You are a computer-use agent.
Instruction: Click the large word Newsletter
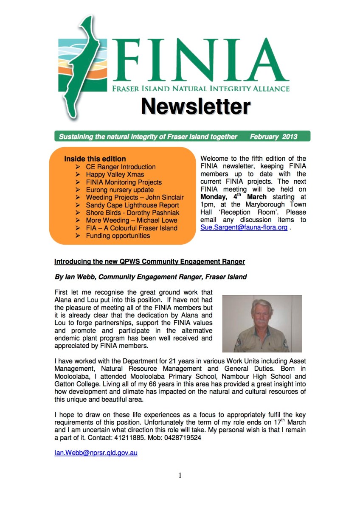pyautogui.click(x=195, y=106)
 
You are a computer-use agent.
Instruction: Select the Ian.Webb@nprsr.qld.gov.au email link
pyautogui.click(x=96, y=453)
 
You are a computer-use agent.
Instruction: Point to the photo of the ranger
pyautogui.click(x=262, y=323)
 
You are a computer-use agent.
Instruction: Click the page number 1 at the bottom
pyautogui.click(x=180, y=475)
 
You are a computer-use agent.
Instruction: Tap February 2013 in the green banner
pyautogui.click(x=273, y=137)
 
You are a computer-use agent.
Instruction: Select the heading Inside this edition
pyautogui.click(x=95, y=159)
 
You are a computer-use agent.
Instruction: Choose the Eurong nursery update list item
pyautogui.click(x=120, y=190)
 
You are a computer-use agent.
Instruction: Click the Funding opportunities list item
pyautogui.click(x=118, y=235)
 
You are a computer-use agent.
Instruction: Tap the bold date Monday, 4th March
pyautogui.click(x=233, y=197)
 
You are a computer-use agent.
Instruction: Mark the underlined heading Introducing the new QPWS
pyautogui.click(x=150, y=262)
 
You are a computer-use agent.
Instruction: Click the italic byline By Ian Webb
pyautogui.click(x=151, y=277)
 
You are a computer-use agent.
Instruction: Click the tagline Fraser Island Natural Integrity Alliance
pyautogui.click(x=200, y=89)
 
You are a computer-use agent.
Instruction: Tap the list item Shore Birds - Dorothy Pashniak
pyautogui.click(x=132, y=213)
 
